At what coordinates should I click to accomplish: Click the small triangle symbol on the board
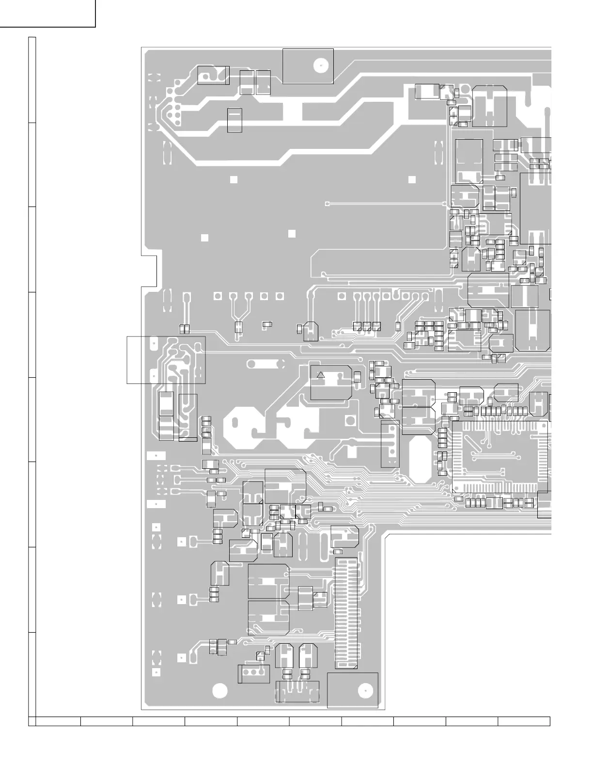coord(320,375)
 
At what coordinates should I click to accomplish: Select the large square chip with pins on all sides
coord(500,456)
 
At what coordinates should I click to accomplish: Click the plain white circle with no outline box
coord(219,690)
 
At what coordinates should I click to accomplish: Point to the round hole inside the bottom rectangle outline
coord(364,691)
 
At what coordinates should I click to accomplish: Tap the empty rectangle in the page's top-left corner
coord(47,13)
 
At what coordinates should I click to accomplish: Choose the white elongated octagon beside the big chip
coord(420,460)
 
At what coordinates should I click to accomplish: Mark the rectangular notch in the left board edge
coord(150,271)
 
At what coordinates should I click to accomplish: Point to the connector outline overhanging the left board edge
coord(166,360)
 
